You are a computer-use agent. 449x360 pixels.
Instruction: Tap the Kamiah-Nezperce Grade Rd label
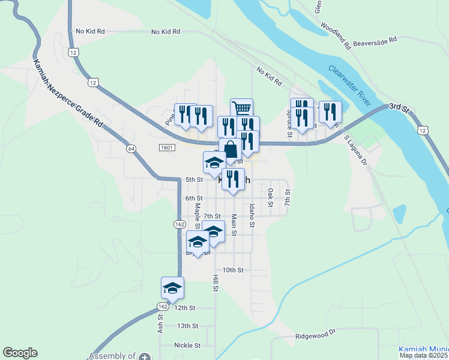68,92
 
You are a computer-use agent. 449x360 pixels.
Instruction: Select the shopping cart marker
241,109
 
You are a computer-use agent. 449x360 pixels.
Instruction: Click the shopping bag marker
230,149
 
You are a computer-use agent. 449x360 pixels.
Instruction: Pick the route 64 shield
130,148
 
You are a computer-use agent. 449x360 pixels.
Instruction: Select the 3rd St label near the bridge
398,107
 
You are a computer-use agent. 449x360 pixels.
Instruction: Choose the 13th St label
187,326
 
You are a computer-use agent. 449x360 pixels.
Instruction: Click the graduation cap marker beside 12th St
173,287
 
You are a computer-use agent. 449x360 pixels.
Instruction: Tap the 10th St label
232,270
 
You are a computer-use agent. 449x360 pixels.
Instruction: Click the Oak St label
271,197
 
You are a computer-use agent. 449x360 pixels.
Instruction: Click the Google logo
20,353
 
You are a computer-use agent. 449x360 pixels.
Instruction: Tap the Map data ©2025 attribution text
424,356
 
